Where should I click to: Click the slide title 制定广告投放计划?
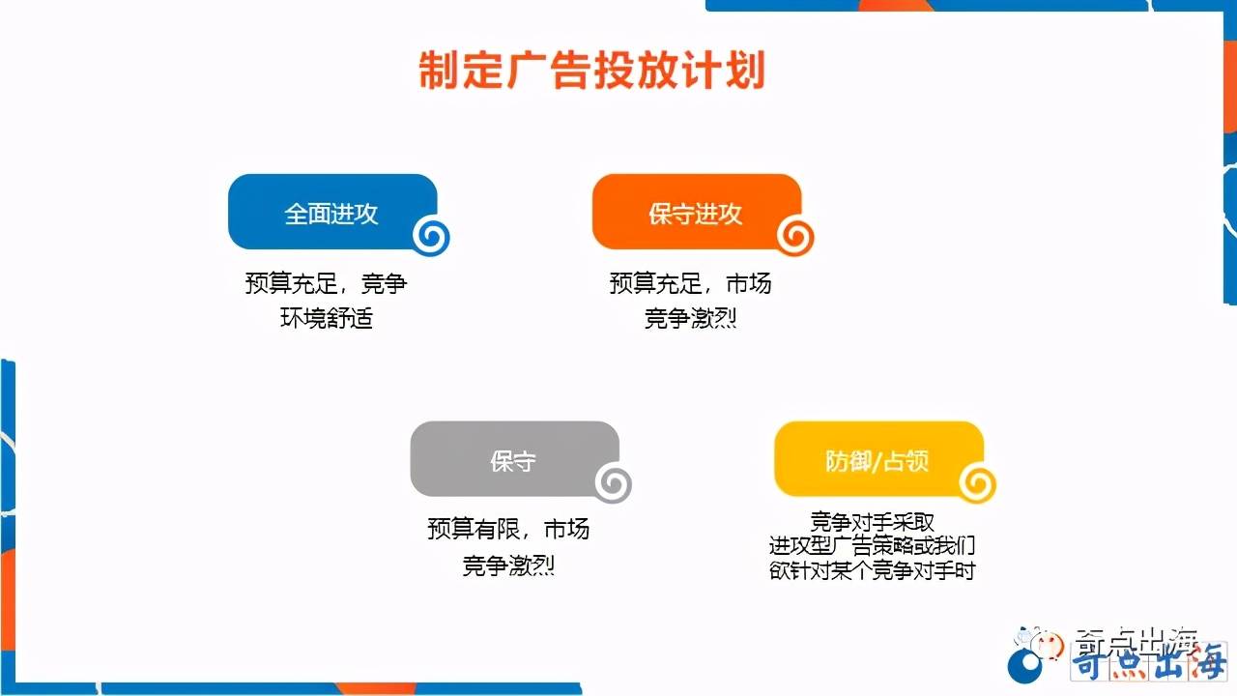pos(591,72)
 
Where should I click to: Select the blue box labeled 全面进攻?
pos(331,213)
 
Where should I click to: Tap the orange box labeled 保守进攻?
pos(696,213)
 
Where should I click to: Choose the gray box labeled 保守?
pos(513,460)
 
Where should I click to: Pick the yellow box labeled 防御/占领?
pos(877,460)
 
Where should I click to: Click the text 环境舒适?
pos(327,318)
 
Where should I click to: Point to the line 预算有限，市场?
pos(508,530)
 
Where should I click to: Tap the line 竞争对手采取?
pos(873,522)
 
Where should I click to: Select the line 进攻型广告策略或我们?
pos(873,546)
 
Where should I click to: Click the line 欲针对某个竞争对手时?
pos(873,570)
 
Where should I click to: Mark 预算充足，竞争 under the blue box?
pos(327,284)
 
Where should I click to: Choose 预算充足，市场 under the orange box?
pos(691,284)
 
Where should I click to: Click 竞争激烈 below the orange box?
pos(691,318)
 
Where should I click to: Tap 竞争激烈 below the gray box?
pos(508,565)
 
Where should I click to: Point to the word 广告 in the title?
pos(548,72)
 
